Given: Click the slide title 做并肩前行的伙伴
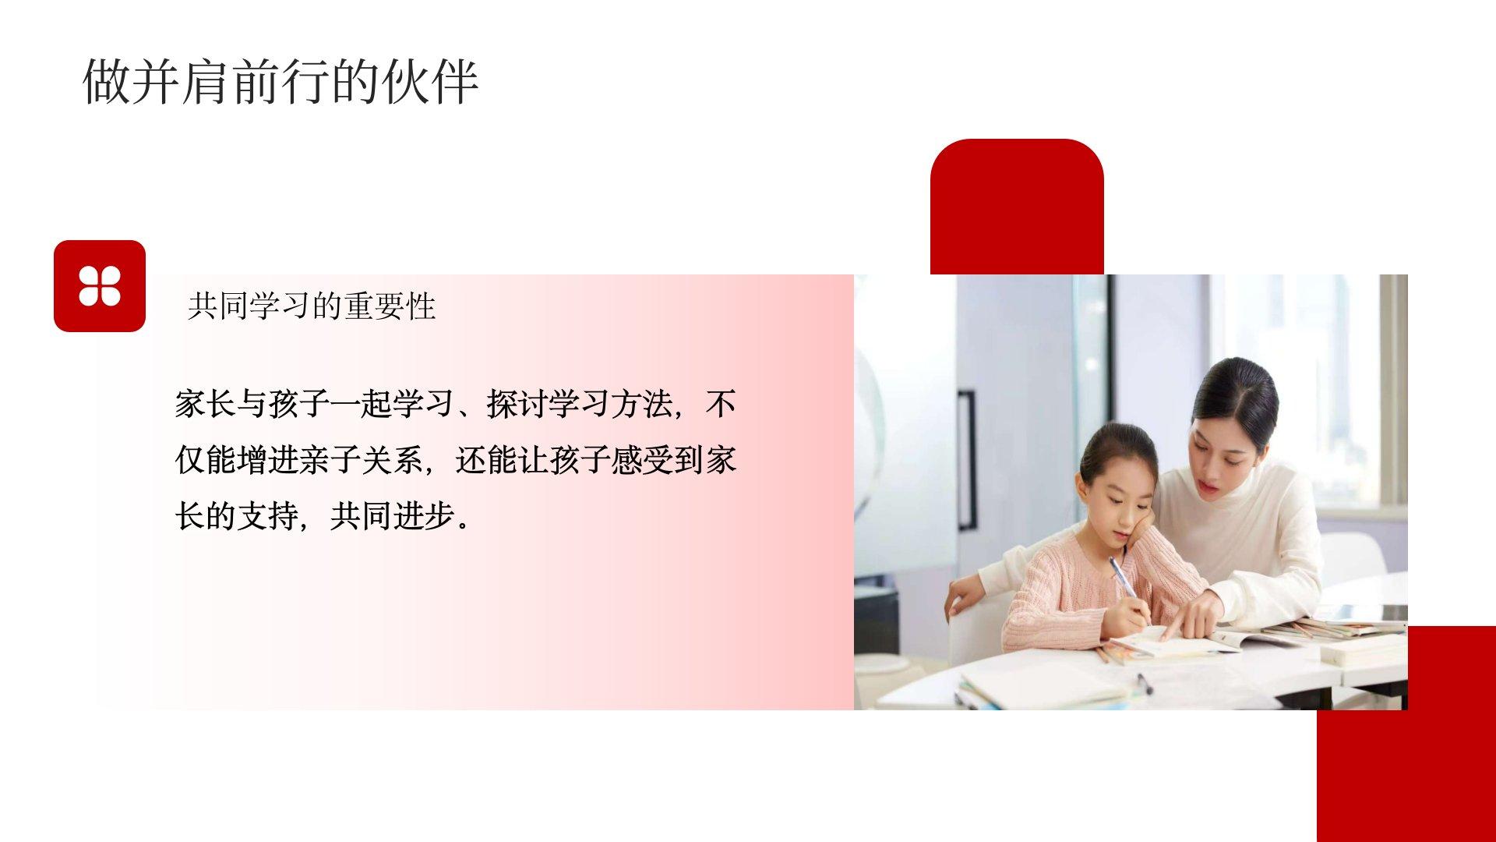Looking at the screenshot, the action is tap(280, 81).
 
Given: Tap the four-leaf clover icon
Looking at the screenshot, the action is tap(100, 286).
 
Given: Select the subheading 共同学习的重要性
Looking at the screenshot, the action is tap(312, 306).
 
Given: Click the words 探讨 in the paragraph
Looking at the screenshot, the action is tap(517, 405).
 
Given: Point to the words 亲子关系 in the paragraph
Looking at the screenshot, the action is tap(362, 461).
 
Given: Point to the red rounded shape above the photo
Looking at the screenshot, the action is tap(1017, 207).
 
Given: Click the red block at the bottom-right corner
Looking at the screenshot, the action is tap(1406, 734).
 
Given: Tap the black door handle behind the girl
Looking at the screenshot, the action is tap(966, 460).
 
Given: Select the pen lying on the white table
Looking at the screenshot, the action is tap(1143, 683).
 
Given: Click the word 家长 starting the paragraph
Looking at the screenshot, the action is tap(206, 405).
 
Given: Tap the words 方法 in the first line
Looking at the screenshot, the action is tap(642, 405).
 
